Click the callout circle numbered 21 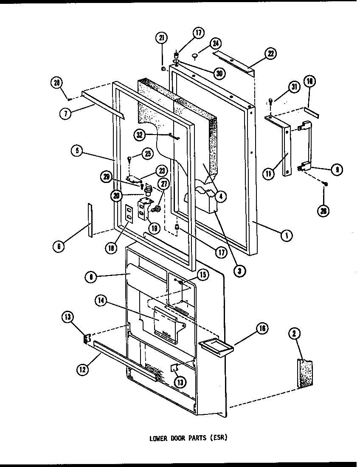click(161, 39)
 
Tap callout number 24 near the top click(215, 43)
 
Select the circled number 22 click(270, 53)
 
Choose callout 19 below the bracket click(153, 228)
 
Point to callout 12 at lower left click(82, 370)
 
